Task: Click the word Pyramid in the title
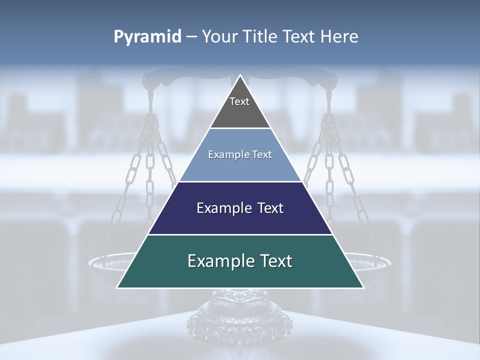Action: click(147, 37)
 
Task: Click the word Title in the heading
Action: click(258, 37)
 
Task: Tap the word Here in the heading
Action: click(339, 37)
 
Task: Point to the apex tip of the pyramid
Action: click(240, 76)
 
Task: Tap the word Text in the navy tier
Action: click(267, 208)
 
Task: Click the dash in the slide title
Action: click(191, 37)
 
